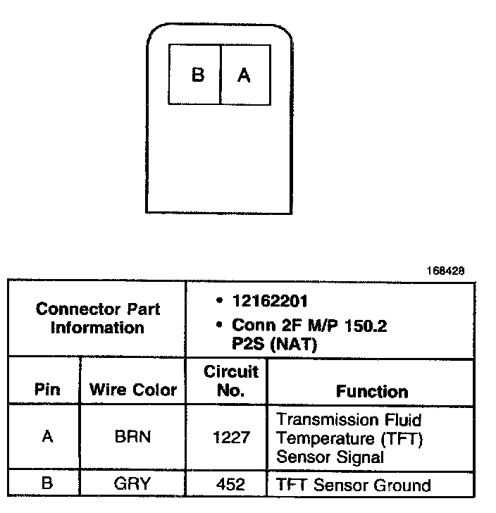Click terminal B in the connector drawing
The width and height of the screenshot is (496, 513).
197,75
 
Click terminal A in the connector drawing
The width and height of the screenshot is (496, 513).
244,75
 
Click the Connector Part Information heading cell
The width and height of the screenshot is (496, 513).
97,318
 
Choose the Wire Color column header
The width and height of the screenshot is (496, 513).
133,390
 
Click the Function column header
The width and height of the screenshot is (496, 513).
371,391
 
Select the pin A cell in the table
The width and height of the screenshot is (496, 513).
47,437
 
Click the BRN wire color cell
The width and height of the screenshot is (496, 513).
133,437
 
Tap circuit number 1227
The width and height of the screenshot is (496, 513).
231,438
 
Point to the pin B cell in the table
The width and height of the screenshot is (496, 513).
47,485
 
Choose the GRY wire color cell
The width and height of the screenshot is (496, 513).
133,485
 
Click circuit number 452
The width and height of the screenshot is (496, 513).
231,485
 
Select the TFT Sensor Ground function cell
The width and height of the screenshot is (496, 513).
353,485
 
